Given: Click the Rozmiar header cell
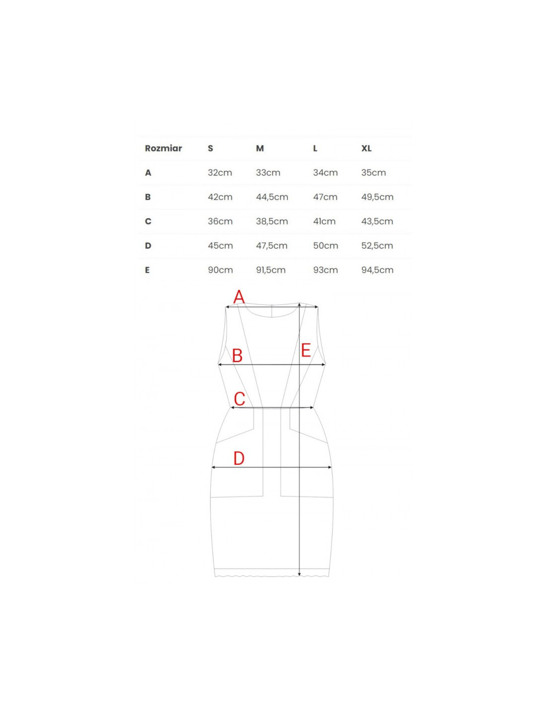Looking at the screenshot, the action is coord(163,148).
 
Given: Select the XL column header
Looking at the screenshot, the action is coord(366,148).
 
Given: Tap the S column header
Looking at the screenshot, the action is coord(210,148).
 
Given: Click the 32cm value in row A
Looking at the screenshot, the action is coord(220,172).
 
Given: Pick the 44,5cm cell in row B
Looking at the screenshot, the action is coord(272,197).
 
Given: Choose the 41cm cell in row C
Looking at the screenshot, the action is coord(324,221).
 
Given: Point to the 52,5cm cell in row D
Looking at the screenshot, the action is coord(377,246).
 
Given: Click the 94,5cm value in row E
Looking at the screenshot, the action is coord(377,270).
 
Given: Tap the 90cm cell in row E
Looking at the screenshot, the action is coord(220,270).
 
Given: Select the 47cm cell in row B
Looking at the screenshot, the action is coord(325,197).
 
